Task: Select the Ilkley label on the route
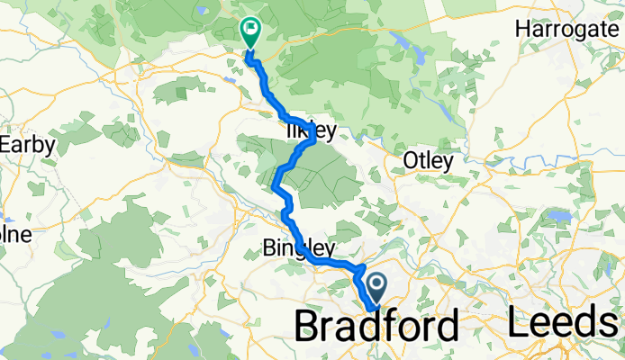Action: [310, 131]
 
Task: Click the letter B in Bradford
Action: [309, 325]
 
